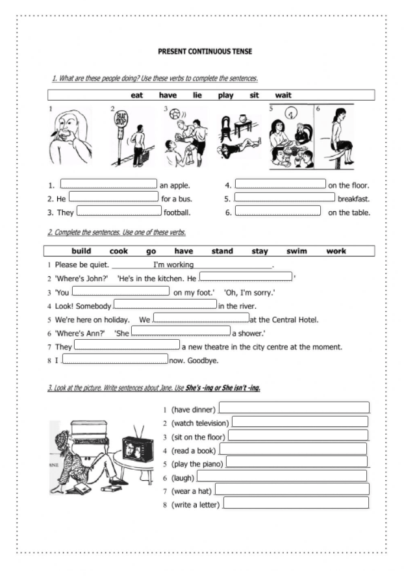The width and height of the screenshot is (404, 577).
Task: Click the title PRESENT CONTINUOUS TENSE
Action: click(205, 51)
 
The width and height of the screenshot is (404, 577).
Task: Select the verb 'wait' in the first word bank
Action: click(283, 96)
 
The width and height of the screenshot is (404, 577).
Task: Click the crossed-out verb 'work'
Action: click(336, 251)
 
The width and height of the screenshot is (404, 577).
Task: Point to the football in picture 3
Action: click(175, 114)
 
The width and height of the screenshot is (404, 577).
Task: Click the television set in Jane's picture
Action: click(138, 449)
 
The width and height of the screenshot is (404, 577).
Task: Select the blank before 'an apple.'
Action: click(108, 185)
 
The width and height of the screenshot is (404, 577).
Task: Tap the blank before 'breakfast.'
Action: click(284, 198)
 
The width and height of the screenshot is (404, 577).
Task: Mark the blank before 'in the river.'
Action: click(165, 304)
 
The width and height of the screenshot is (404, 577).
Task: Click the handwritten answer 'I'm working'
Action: click(173, 264)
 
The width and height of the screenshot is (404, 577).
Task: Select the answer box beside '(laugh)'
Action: click(277, 477)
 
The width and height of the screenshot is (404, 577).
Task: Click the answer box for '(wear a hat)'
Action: click(292, 490)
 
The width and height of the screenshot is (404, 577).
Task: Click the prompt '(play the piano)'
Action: click(197, 464)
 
